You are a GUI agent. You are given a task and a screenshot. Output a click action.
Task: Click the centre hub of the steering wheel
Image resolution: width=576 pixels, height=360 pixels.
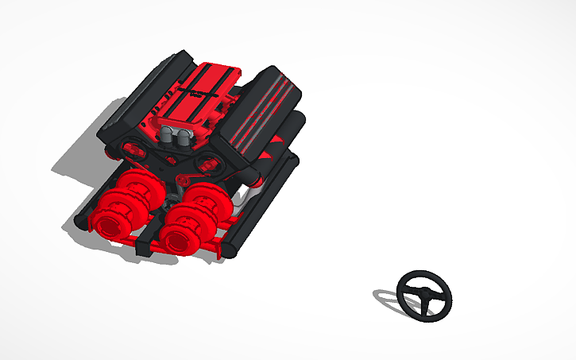(x=425, y=295)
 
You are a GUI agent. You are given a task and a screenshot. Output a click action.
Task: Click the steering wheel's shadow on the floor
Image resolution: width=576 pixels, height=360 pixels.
(x=387, y=297)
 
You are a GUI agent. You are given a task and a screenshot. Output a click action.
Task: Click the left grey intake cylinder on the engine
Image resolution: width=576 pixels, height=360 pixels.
(x=168, y=135)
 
